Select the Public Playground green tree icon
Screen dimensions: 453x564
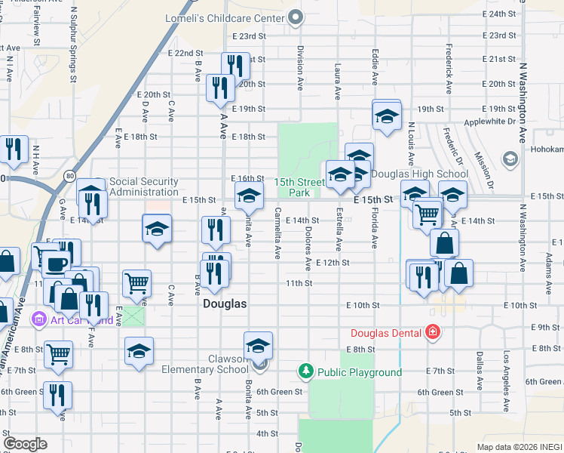(x=305, y=371)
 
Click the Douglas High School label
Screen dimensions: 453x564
(x=420, y=174)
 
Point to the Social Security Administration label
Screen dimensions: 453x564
(x=144, y=186)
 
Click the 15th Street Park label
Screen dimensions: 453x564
(x=299, y=187)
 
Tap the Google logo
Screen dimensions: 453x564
(x=25, y=444)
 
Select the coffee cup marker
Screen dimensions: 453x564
(x=55, y=263)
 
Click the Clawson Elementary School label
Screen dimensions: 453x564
(x=204, y=364)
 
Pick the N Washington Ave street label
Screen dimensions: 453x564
(x=522, y=98)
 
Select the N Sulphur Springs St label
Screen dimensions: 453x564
(x=73, y=45)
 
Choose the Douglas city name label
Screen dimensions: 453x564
(x=225, y=304)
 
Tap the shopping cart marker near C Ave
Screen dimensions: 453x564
(x=136, y=284)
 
